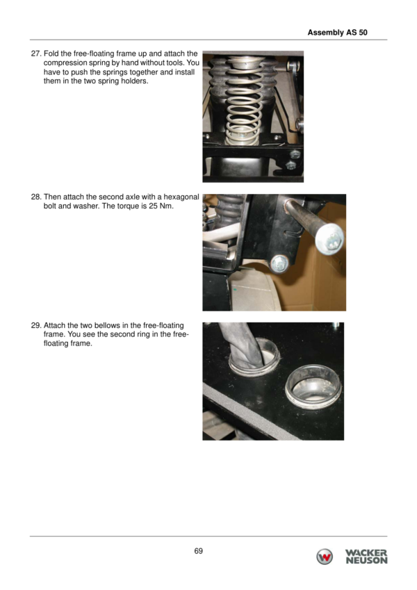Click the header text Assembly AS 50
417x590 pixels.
tap(337, 33)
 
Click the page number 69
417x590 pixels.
tap(198, 551)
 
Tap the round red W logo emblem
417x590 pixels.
tap(325, 557)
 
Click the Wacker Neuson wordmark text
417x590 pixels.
tap(366, 557)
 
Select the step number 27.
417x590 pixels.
tap(35, 54)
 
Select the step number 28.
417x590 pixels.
tap(35, 197)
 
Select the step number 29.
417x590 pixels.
tap(35, 325)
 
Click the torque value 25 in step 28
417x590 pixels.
tap(153, 206)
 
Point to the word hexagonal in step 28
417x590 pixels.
tap(181, 197)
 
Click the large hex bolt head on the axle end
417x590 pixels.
tap(329, 239)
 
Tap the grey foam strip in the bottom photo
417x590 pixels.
tap(245, 410)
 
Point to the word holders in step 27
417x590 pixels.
tap(134, 81)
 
